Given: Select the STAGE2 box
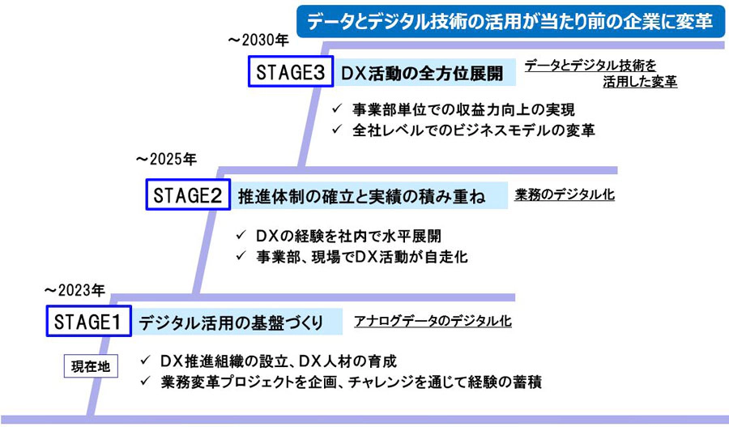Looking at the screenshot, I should [188, 195].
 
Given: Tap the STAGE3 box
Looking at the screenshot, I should [290, 72].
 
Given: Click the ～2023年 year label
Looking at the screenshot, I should [75, 289].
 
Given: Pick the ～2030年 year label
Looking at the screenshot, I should [258, 38].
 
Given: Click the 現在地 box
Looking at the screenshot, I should [91, 366].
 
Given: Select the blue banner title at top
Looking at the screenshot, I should [509, 20].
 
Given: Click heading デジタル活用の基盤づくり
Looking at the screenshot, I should [231, 322].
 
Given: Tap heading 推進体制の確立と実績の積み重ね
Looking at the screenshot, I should [362, 196].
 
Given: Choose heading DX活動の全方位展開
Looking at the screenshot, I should [421, 73].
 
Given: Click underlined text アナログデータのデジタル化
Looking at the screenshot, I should [433, 321].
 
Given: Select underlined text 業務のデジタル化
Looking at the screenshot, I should [565, 195].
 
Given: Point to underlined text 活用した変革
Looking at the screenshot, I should [640, 82].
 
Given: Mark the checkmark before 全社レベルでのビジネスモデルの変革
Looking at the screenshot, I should [338, 130].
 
